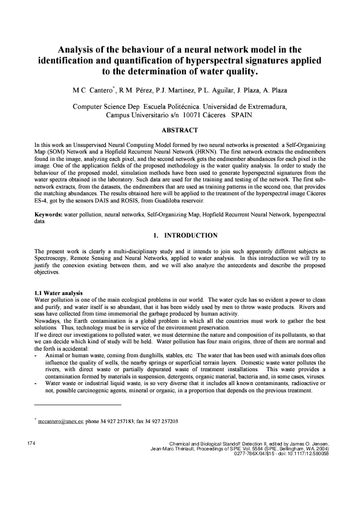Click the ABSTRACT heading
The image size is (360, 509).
click(x=180, y=130)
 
